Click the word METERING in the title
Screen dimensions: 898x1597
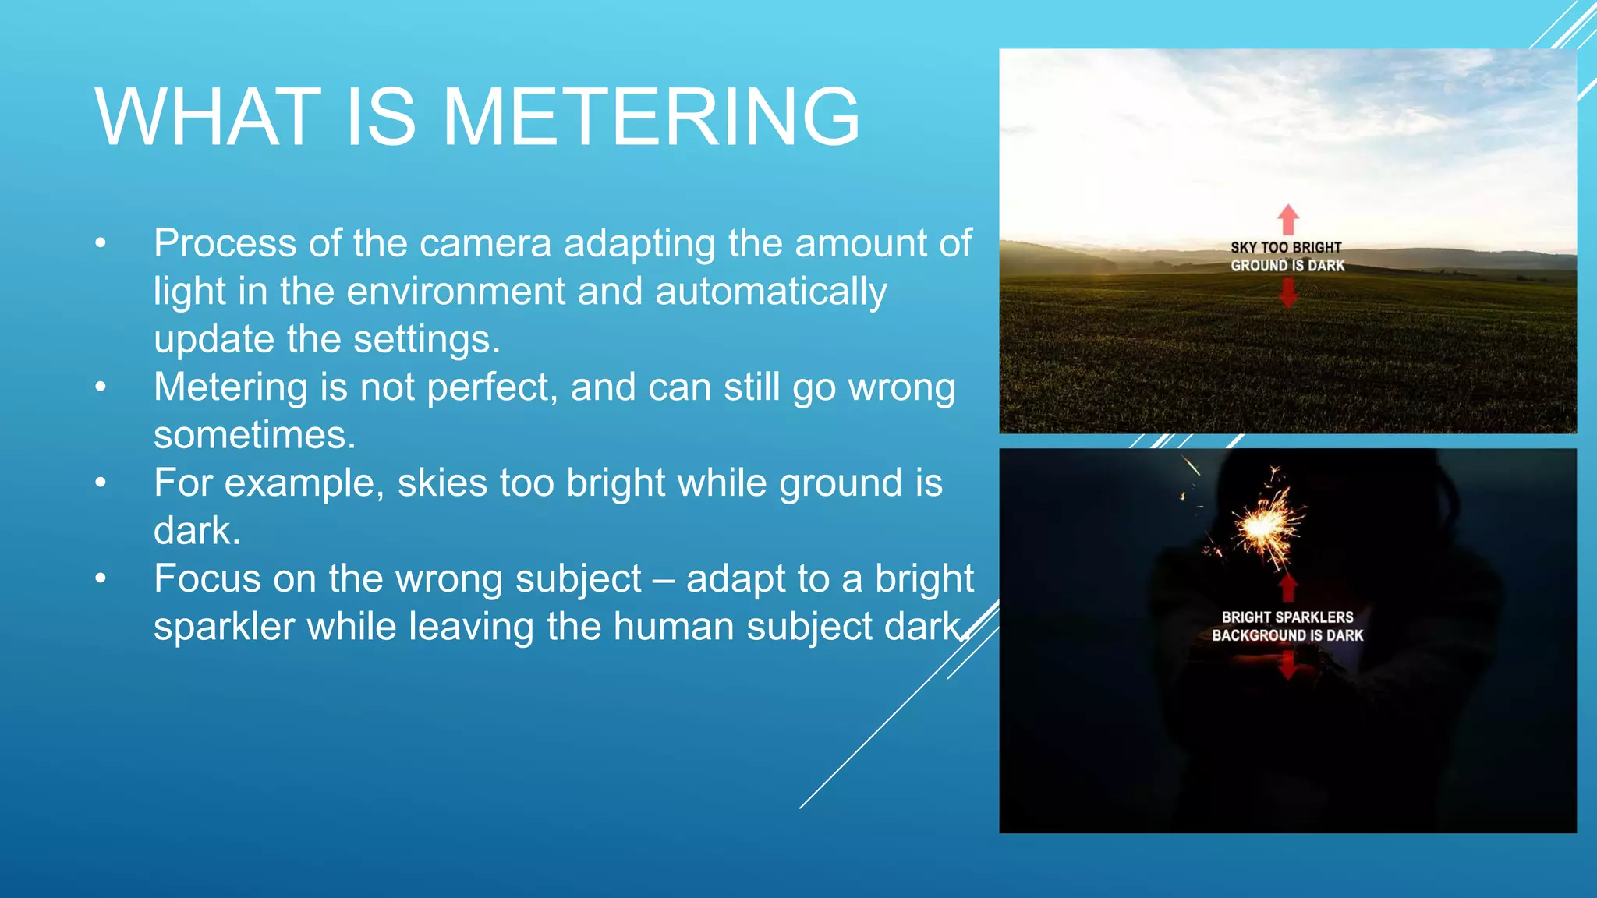click(652, 117)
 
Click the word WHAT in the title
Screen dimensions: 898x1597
click(207, 117)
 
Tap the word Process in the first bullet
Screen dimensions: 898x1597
click(225, 243)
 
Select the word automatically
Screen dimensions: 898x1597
click(770, 292)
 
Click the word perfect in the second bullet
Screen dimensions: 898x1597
click(492, 387)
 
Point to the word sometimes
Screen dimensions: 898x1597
click(254, 435)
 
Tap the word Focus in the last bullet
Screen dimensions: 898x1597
click(207, 579)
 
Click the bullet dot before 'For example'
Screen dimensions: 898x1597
click(101, 483)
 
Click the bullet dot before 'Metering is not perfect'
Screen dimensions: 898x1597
click(101, 387)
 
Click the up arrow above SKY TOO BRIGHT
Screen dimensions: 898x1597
click(1288, 219)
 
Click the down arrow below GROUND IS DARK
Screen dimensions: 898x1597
click(1288, 292)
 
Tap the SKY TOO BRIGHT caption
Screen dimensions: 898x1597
click(1286, 247)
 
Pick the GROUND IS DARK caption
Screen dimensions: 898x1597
click(1287, 266)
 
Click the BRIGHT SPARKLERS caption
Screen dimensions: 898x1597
click(1287, 617)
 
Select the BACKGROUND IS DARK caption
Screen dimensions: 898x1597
click(1287, 635)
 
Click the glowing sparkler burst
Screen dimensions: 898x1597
click(1263, 526)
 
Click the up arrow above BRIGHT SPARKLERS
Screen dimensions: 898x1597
click(1288, 587)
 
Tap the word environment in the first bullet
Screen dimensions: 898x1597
click(455, 292)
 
